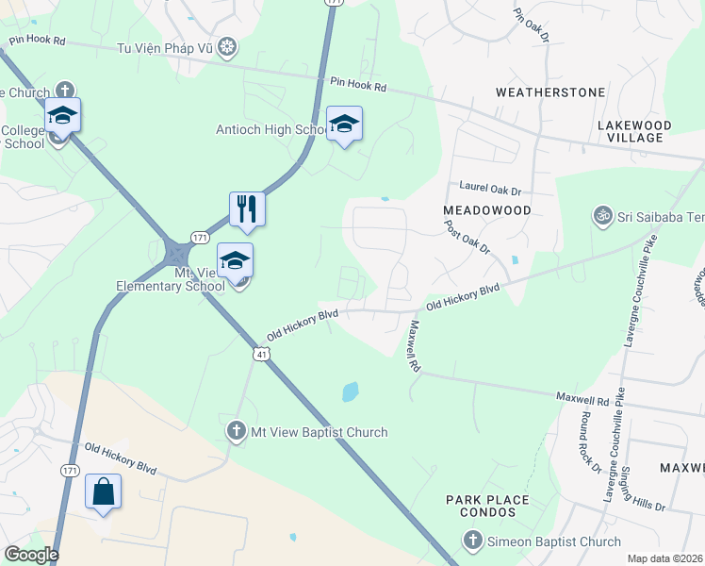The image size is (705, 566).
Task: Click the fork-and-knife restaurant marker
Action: tap(247, 208)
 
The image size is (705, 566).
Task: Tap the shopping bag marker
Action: tap(103, 491)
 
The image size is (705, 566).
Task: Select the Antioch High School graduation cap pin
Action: tap(344, 124)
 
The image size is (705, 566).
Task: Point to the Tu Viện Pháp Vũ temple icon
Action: tap(226, 47)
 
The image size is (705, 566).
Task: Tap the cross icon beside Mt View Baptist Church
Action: tap(236, 432)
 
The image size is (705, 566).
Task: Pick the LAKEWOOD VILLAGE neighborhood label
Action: tap(634, 131)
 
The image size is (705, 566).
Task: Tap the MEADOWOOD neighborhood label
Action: tap(487, 209)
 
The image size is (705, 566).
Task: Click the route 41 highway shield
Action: tap(262, 353)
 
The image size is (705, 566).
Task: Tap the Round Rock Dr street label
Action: tap(590, 441)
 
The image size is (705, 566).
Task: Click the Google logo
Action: tap(30, 555)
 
